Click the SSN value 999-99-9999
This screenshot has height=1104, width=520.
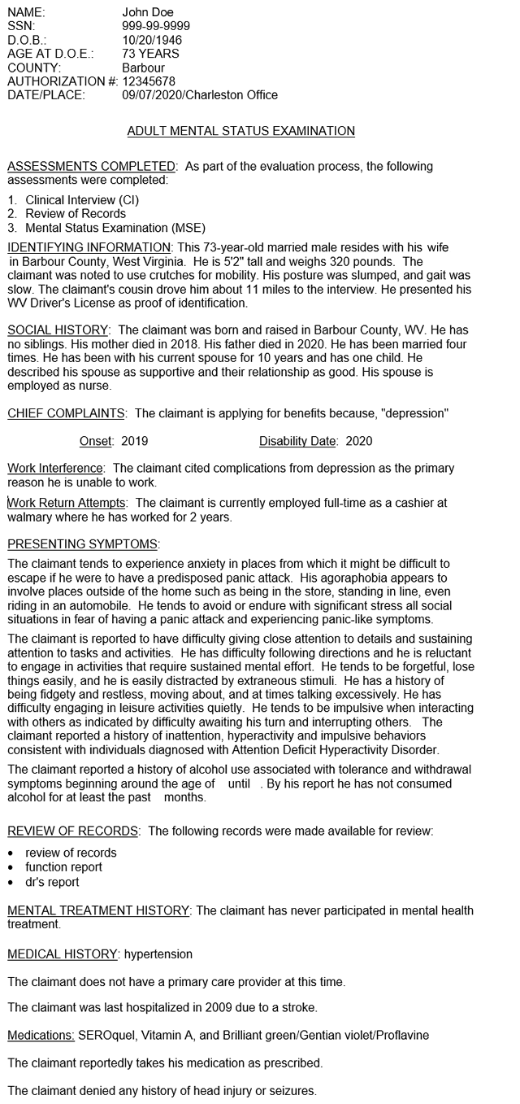[x=156, y=26]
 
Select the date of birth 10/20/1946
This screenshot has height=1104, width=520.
[x=152, y=40]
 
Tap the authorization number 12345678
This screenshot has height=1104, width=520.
[x=149, y=81]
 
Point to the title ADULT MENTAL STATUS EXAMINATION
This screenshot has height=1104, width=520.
[x=241, y=131]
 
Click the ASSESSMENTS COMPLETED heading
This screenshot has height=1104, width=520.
[x=91, y=166]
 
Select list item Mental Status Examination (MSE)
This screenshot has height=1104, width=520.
[x=115, y=228]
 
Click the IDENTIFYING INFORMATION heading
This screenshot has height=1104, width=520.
[x=89, y=247]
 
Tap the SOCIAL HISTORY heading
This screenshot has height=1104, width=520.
[x=58, y=330]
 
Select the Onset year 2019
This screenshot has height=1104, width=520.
[x=135, y=441]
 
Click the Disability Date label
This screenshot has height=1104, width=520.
[x=297, y=441]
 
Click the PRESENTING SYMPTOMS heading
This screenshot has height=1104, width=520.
[x=83, y=543]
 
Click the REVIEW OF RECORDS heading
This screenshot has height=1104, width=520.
[x=72, y=831]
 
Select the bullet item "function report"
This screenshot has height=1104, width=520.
[x=63, y=867]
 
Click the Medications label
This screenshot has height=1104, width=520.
[x=41, y=1036]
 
